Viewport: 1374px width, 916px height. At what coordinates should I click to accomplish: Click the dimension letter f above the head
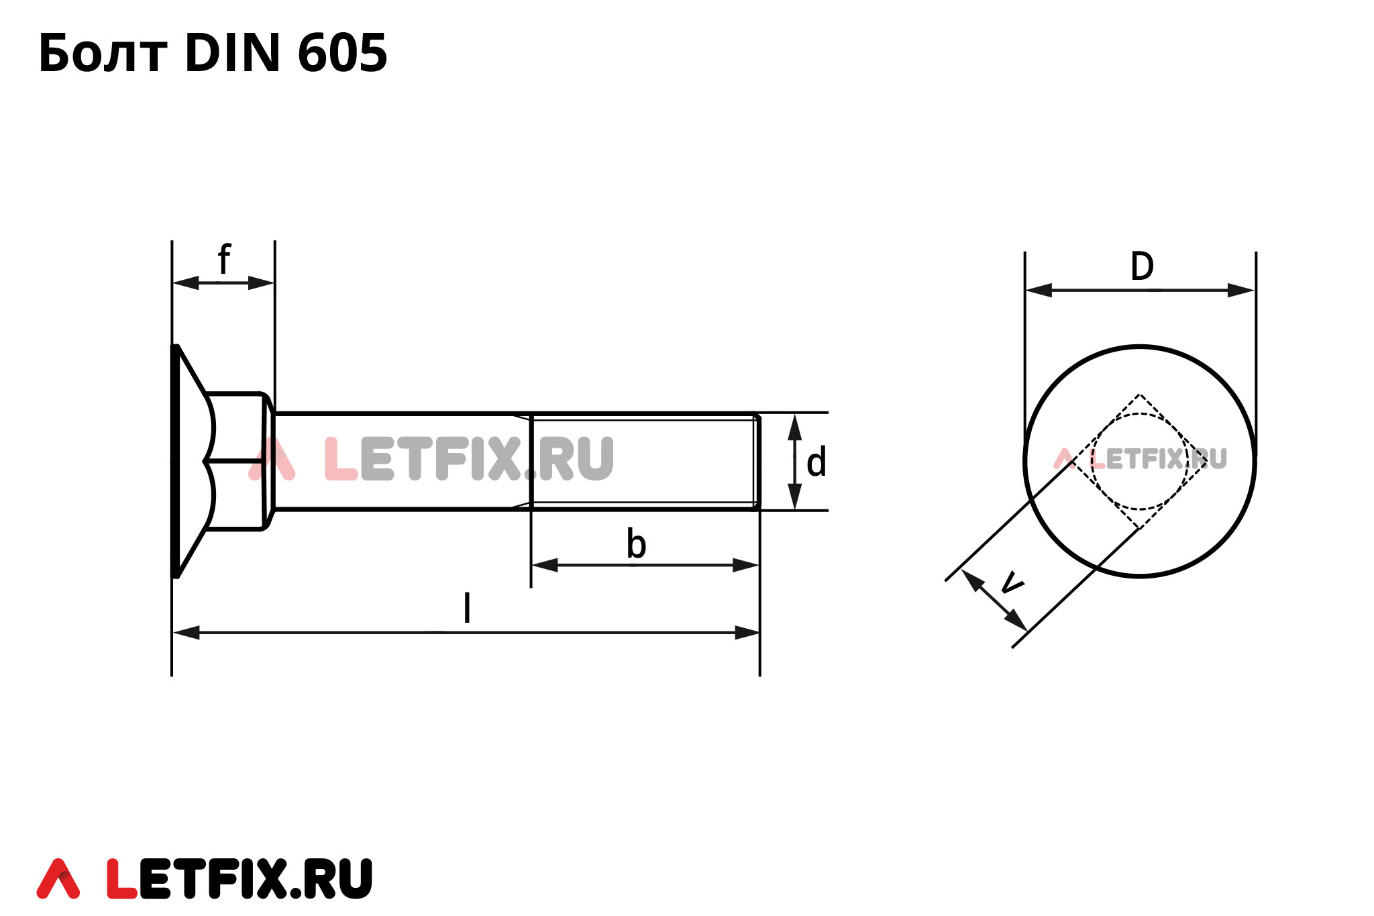(x=224, y=260)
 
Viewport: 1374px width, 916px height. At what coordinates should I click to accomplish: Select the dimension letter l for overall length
(x=467, y=608)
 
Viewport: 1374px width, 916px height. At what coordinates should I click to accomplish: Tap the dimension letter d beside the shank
(x=816, y=463)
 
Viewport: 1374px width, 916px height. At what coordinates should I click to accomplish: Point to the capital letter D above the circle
(x=1142, y=266)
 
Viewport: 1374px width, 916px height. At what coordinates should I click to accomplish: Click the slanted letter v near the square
(x=1011, y=582)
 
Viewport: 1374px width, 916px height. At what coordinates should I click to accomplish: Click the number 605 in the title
(x=342, y=54)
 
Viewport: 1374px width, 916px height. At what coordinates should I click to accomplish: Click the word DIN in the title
(x=232, y=54)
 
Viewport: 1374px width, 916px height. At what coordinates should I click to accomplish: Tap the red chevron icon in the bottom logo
(x=58, y=879)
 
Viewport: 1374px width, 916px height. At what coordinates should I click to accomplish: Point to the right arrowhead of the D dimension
(x=1241, y=291)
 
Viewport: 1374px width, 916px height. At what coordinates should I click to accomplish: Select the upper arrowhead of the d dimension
(x=794, y=427)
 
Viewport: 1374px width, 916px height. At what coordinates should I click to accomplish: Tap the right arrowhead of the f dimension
(x=261, y=283)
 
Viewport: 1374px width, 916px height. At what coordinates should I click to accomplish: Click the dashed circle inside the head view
(x=1093, y=462)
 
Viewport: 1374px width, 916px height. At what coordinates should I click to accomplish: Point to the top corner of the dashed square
(x=1139, y=395)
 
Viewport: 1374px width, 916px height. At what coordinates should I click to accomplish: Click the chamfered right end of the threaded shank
(x=757, y=462)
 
